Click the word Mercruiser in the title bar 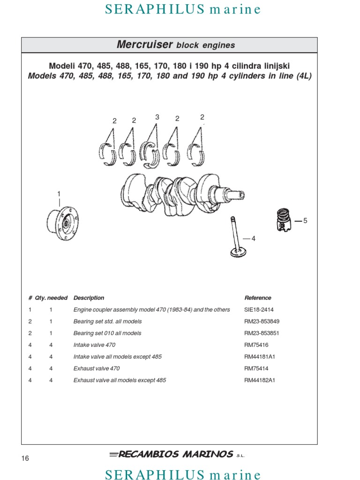pyautogui.click(x=144, y=45)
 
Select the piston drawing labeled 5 pyautogui.click(x=283, y=220)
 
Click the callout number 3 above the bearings pyautogui.click(x=157, y=117)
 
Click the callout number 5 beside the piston pyautogui.click(x=305, y=220)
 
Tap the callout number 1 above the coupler pyautogui.click(x=59, y=194)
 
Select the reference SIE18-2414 pyautogui.click(x=259, y=310)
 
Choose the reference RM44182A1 pyautogui.click(x=260, y=380)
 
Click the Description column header pyautogui.click(x=89, y=298)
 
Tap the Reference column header pyautogui.click(x=257, y=298)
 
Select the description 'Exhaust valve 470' pyautogui.click(x=96, y=368)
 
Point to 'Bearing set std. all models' pyautogui.click(x=107, y=322)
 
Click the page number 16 pyautogui.click(x=25, y=458)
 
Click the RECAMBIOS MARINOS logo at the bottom pyautogui.click(x=175, y=454)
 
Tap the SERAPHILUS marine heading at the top pyautogui.click(x=183, y=9)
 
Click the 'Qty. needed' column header pyautogui.click(x=51, y=298)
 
